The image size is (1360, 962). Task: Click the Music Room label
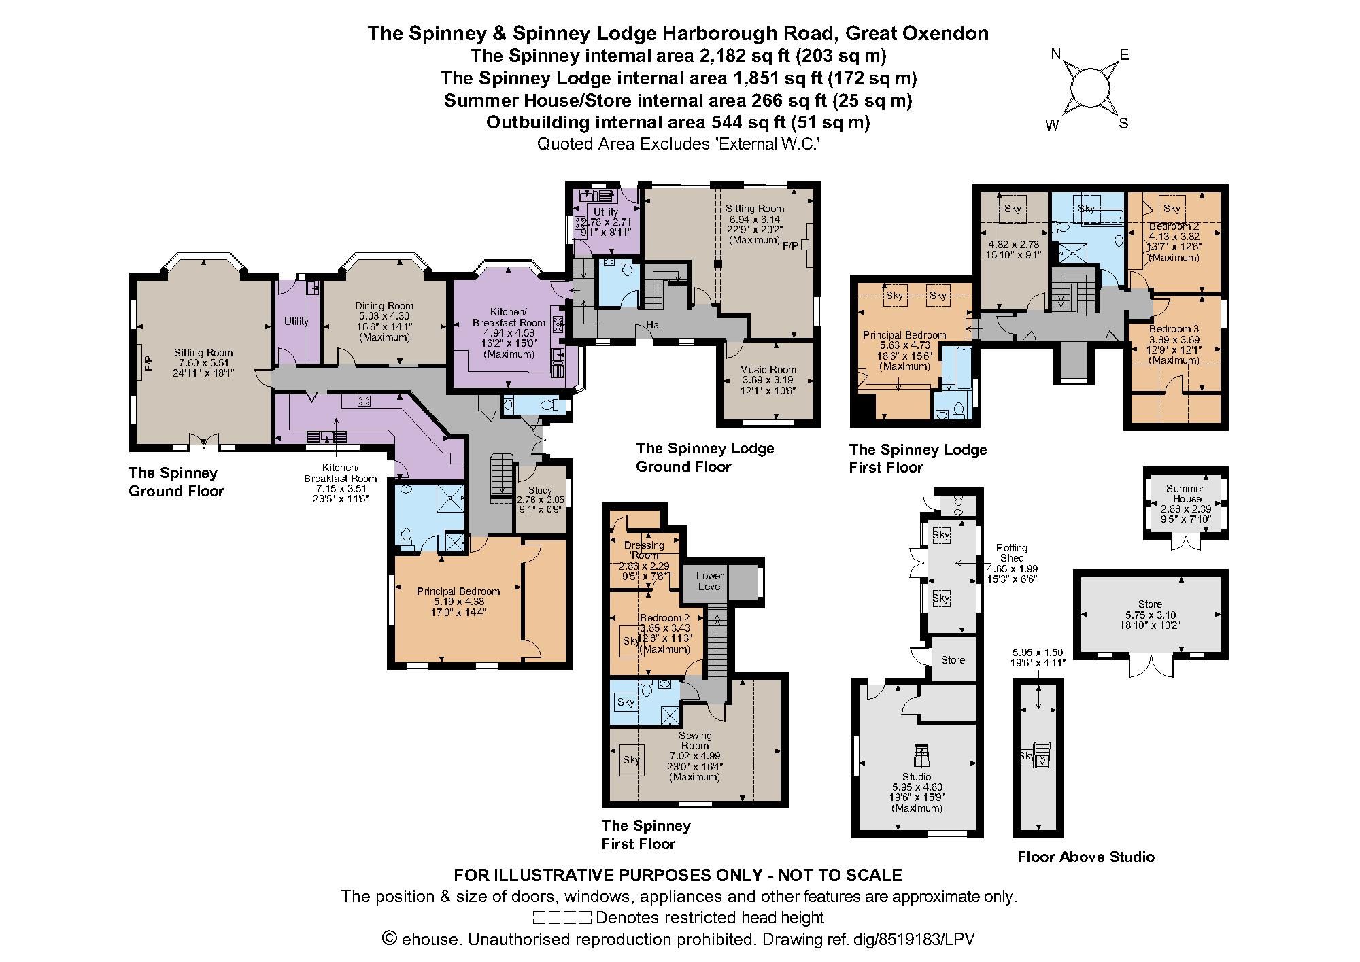tap(768, 370)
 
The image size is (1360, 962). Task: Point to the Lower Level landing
tap(710, 581)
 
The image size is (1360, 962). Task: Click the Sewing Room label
tap(695, 740)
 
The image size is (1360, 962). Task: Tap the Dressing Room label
tap(644, 550)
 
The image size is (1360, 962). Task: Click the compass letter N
tap(1056, 54)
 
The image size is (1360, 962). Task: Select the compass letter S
tap(1123, 124)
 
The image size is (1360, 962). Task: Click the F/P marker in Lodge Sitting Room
tap(791, 245)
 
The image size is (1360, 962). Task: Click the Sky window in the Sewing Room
tap(631, 759)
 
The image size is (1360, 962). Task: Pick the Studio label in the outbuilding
tap(917, 776)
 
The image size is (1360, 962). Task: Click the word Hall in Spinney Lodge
tap(654, 325)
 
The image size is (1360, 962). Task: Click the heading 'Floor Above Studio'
tap(1086, 857)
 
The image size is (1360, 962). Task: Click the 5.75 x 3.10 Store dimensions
tap(1151, 615)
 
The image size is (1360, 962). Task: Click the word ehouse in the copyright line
tap(430, 940)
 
